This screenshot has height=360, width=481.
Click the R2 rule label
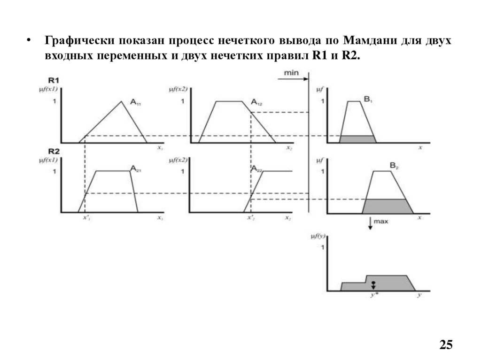[54, 151]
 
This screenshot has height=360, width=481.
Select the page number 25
[446, 345]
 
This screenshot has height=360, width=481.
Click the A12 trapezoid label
[256, 102]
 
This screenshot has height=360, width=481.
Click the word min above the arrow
[292, 72]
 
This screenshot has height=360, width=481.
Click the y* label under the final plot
[373, 296]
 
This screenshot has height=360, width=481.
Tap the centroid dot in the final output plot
[373, 283]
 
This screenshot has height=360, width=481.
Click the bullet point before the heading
[29, 40]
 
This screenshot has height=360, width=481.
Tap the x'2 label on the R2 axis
[251, 218]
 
